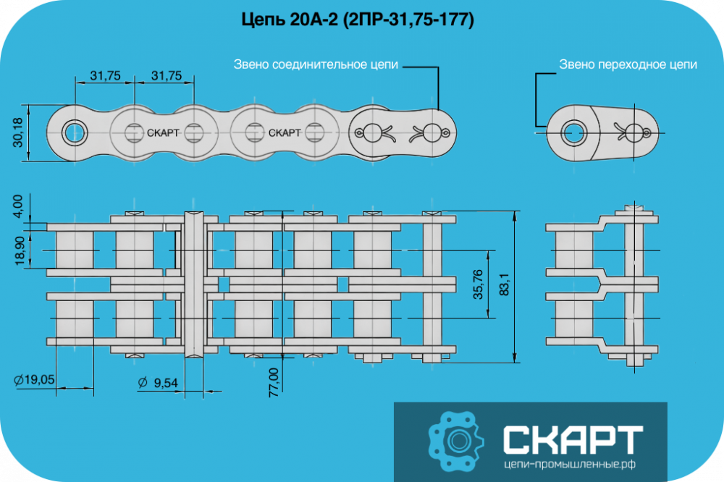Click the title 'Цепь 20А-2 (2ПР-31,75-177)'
click(x=358, y=20)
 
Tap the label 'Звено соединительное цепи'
click(x=316, y=64)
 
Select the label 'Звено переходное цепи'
click(x=628, y=64)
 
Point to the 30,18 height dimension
click(x=17, y=132)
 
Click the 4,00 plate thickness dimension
click(x=17, y=206)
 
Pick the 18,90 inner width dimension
click(x=20, y=250)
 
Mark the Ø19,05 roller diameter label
click(x=34, y=380)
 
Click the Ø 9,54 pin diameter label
click(x=157, y=383)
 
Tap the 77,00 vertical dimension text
click(x=274, y=383)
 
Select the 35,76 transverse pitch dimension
click(x=478, y=284)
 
